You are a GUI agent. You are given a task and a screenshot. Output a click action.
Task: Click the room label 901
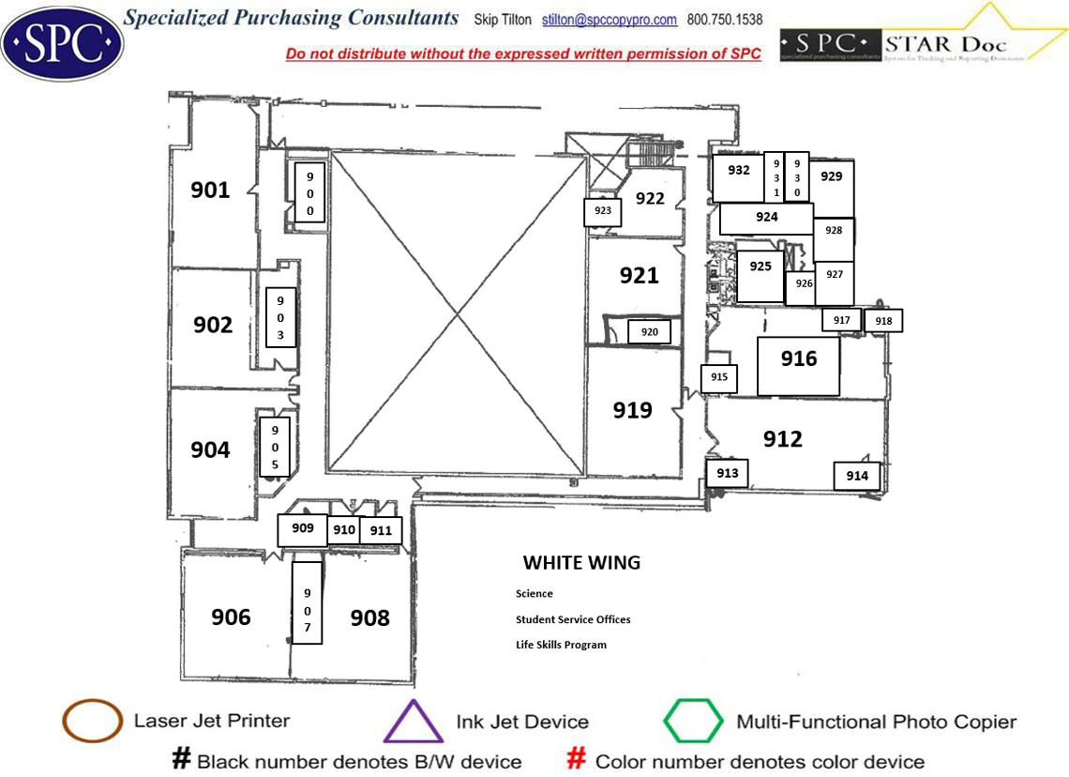tap(210, 190)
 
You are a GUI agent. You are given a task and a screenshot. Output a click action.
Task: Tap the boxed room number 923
tap(603, 211)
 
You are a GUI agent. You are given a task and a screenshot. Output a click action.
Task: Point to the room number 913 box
tap(728, 474)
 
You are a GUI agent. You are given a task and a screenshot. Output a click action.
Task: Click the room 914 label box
tap(857, 476)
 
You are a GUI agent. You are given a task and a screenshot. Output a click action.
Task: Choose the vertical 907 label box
tap(307, 602)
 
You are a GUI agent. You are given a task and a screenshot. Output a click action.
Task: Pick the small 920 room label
tap(650, 332)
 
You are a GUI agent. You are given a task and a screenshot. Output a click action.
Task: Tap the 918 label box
tap(883, 321)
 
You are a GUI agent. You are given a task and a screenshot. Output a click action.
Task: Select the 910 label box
tap(344, 530)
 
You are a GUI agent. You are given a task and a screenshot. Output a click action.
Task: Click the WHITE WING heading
tap(581, 563)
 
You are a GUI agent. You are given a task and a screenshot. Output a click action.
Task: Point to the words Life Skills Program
tap(561, 645)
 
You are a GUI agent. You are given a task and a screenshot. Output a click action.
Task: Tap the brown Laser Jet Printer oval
tap(92, 722)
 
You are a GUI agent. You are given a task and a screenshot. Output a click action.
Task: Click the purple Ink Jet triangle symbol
tap(413, 724)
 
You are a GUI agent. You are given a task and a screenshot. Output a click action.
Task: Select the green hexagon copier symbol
tap(693, 722)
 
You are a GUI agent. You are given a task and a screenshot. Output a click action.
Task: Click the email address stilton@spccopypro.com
tap(610, 20)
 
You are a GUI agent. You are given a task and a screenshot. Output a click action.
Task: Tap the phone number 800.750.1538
tap(725, 20)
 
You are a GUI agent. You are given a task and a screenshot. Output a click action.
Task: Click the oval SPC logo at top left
tap(62, 43)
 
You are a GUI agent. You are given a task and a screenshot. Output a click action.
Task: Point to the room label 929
tap(831, 176)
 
